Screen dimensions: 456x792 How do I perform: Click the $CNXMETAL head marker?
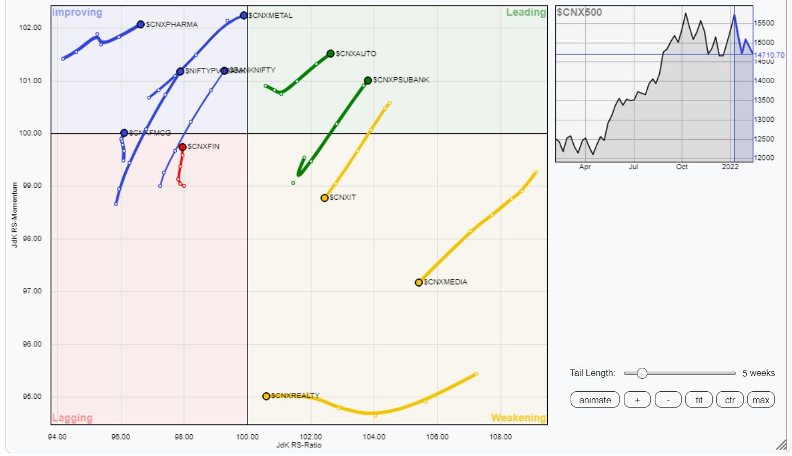244,15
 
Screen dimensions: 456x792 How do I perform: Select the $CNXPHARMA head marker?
141,24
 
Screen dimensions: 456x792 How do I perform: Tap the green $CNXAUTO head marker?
331,53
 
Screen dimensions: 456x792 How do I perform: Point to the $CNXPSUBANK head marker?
368,81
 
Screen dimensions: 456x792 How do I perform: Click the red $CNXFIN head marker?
183,147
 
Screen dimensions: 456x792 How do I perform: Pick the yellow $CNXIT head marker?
325,198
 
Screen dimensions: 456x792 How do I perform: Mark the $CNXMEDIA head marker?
419,282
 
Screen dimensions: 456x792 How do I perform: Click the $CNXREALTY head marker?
266,396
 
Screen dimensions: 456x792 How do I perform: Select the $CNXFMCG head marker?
124,133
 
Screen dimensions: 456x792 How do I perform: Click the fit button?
699,400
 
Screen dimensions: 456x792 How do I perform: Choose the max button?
760,400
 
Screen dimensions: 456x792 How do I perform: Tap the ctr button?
730,400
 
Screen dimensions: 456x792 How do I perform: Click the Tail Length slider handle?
642,373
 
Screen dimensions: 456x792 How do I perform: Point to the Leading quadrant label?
525,13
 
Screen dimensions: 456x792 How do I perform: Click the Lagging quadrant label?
72,418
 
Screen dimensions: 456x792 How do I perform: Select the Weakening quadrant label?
518,418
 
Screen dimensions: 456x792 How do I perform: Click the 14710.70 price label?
769,55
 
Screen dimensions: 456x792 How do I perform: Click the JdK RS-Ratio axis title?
299,446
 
